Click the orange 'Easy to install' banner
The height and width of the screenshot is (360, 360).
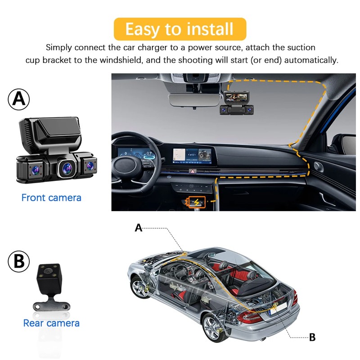(180, 29)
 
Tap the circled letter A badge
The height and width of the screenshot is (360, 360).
(19, 99)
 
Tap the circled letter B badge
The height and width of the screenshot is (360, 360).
(19, 261)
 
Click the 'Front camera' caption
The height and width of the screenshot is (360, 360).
(51, 198)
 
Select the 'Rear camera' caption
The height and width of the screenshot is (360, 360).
(51, 323)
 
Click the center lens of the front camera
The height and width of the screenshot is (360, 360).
(67, 168)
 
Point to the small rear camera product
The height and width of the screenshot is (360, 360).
(50, 287)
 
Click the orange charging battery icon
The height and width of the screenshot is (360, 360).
(197, 202)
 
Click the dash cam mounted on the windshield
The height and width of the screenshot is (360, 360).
(237, 103)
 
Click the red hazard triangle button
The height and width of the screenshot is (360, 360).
(192, 171)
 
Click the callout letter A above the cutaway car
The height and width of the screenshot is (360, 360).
(139, 228)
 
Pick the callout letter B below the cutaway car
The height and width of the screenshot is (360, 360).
(312, 337)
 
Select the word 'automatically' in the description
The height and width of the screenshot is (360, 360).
(311, 60)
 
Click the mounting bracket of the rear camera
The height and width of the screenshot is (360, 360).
(51, 305)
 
